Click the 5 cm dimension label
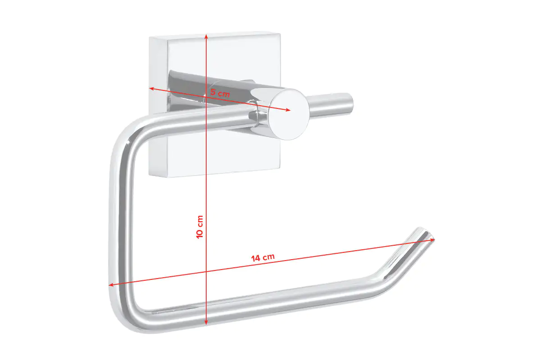[x=220, y=93]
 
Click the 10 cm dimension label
[x=200, y=226]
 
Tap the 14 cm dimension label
[x=263, y=258]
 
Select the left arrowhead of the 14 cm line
[x=111, y=284]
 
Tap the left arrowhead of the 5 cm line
[x=152, y=89]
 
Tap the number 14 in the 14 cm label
[x=256, y=259]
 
